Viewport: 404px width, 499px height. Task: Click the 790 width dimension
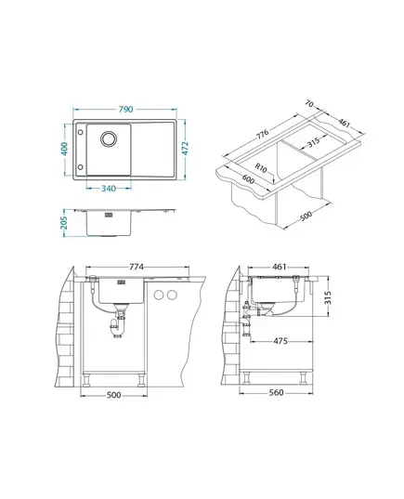click(125, 109)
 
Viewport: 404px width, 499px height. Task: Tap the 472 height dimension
click(185, 149)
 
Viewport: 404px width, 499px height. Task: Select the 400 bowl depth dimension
click(65, 149)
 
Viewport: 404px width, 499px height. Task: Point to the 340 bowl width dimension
click(109, 189)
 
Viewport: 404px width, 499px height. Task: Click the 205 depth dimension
click(65, 222)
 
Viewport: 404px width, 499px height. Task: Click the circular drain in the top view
click(109, 138)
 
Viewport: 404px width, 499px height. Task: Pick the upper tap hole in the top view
click(80, 132)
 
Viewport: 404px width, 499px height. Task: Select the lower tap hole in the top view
click(80, 166)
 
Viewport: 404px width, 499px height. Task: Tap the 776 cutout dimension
click(263, 135)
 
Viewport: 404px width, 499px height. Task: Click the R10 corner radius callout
click(261, 167)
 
